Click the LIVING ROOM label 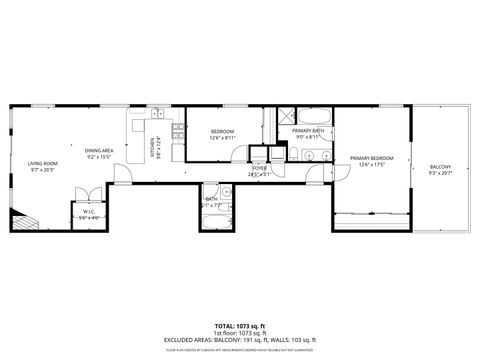click(x=43, y=164)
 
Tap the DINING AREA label click(x=99, y=150)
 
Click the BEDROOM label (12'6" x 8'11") click(x=222, y=133)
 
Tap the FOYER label click(x=259, y=169)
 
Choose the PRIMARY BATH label click(x=307, y=131)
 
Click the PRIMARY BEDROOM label click(x=371, y=159)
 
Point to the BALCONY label click(x=440, y=167)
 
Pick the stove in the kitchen click(x=178, y=129)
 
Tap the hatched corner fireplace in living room click(x=19, y=220)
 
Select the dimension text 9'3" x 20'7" click(x=440, y=173)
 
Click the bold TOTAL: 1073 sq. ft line click(x=239, y=326)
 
